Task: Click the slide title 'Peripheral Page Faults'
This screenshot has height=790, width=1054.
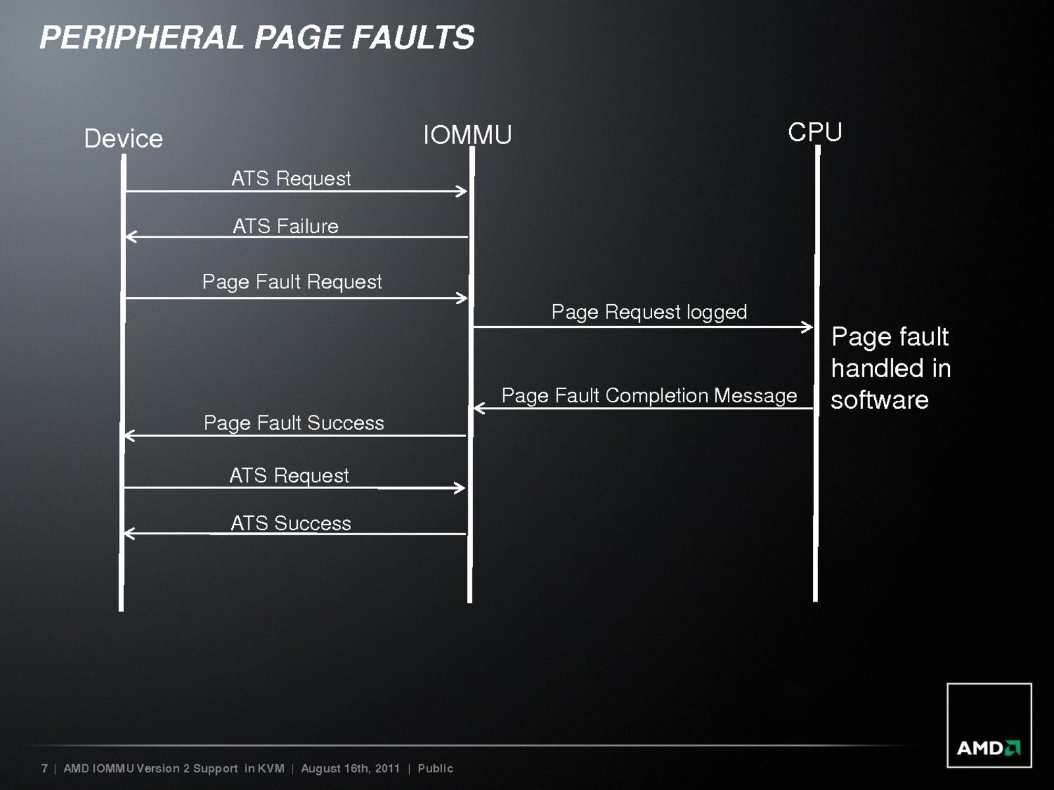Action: click(x=257, y=37)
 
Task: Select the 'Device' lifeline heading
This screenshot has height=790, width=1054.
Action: click(x=123, y=139)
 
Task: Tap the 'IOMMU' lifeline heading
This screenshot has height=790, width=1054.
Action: click(x=467, y=135)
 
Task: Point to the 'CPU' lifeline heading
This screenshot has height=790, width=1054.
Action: click(x=815, y=132)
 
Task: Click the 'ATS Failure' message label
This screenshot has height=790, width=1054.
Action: click(x=285, y=226)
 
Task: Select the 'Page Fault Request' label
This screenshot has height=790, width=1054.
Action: click(x=292, y=282)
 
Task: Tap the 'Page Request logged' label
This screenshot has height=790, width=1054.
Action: click(x=649, y=312)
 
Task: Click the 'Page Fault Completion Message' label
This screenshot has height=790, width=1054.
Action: click(x=649, y=396)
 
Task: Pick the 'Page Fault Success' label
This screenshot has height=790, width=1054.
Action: click(x=294, y=423)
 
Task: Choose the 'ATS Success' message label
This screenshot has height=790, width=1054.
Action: click(x=291, y=523)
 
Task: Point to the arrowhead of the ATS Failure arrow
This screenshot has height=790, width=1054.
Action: click(x=130, y=236)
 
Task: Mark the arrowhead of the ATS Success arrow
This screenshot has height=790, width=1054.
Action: click(x=129, y=533)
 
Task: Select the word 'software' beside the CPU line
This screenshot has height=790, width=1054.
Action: click(x=879, y=400)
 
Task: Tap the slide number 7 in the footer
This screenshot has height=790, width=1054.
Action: click(x=44, y=768)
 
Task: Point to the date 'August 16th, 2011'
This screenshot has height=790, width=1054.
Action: click(x=350, y=768)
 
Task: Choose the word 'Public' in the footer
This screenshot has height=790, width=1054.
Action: click(x=435, y=768)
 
